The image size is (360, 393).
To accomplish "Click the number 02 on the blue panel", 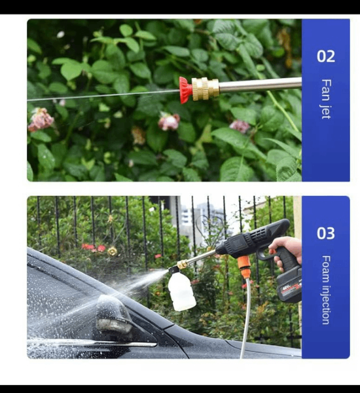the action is (326, 56).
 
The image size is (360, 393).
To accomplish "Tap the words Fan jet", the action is (326, 99).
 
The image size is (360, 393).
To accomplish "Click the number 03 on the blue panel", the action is (326, 233).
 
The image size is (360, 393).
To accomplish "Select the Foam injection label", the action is (326, 290).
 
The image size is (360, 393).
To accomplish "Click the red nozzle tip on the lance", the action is (185, 90).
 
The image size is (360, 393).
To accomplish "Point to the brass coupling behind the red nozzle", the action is (205, 88).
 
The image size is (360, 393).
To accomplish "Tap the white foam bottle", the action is (181, 291).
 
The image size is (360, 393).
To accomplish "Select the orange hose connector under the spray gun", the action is (245, 267).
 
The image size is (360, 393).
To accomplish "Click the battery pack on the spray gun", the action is (289, 286).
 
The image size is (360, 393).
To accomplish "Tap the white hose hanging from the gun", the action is (245, 318).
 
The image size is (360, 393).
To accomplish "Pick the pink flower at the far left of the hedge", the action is (41, 120).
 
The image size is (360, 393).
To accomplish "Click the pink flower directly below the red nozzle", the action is (169, 122).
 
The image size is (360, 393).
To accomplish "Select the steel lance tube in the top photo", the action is (260, 84).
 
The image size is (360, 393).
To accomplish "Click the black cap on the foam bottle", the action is (173, 270).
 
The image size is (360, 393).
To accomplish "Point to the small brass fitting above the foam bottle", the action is (182, 265).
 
